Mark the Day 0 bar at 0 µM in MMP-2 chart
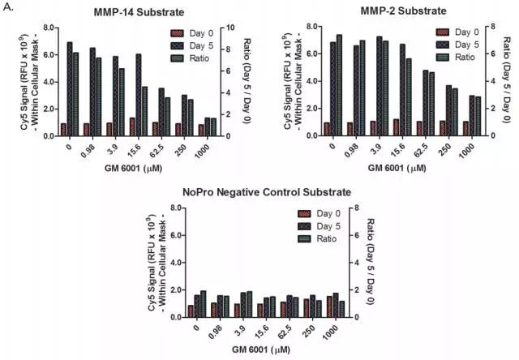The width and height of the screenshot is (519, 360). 327,129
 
